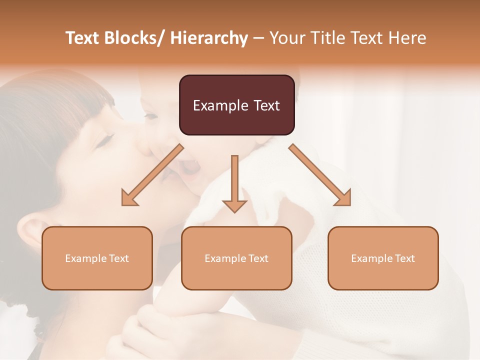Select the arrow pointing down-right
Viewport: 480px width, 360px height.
click(320, 175)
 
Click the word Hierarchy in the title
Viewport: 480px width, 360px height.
click(209, 38)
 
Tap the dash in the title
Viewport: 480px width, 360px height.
click(258, 38)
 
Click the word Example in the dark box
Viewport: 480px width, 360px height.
click(220, 105)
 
